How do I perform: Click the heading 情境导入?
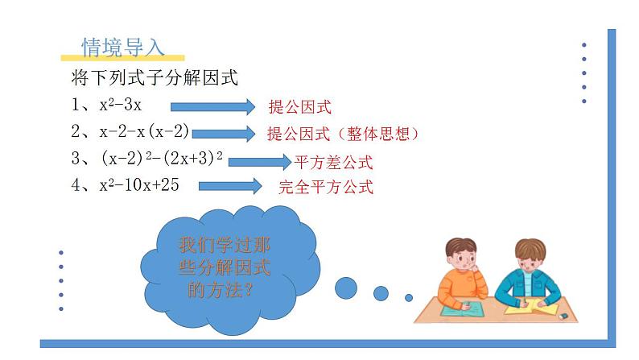pos(123,48)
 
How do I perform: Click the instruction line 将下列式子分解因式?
pos(154,78)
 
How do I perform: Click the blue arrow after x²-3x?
pos(211,106)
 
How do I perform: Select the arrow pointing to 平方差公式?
pos(259,161)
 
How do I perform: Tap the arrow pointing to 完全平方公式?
pos(229,187)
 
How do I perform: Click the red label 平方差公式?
pos(334,163)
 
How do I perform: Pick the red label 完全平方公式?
pos(326,188)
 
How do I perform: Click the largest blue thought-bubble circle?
pos(346,286)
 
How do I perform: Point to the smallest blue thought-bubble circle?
pos(408,298)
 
